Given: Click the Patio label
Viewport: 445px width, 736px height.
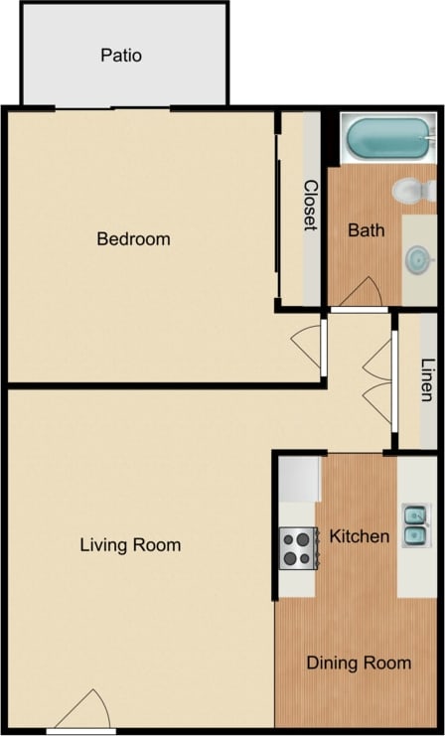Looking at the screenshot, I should click(x=121, y=55).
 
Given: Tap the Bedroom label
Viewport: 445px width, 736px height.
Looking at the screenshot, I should click(x=133, y=238).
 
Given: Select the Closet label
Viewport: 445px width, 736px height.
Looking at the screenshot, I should click(x=310, y=206).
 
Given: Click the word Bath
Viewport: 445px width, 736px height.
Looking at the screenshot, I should click(x=367, y=230).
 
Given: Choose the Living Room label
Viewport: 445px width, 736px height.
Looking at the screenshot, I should click(x=130, y=544).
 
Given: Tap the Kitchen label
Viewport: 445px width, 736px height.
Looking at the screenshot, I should click(x=360, y=536).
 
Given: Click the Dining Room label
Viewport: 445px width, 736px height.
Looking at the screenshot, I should click(x=359, y=662).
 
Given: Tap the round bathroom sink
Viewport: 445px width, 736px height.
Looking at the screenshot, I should click(x=418, y=259).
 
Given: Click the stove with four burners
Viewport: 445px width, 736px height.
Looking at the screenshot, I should click(x=298, y=547).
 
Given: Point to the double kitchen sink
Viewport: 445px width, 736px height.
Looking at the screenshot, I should click(x=415, y=525).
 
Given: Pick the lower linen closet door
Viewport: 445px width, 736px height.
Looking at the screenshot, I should click(x=377, y=401).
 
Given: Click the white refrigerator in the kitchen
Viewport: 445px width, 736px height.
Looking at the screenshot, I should click(x=298, y=478).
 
